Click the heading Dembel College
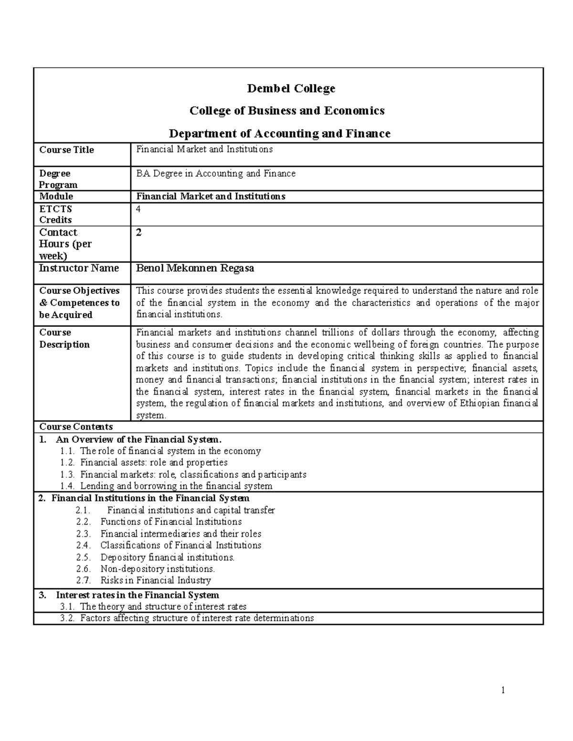click(x=291, y=89)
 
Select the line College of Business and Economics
click(x=287, y=111)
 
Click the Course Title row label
click(x=66, y=150)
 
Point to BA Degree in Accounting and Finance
click(x=216, y=174)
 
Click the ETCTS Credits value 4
click(x=139, y=209)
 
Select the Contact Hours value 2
click(x=139, y=233)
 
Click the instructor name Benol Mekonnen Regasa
click(x=195, y=268)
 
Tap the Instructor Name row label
click(x=79, y=268)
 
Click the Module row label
click(x=56, y=197)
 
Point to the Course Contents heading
click(x=76, y=427)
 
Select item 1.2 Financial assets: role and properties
click(x=153, y=462)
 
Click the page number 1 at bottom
click(x=503, y=690)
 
